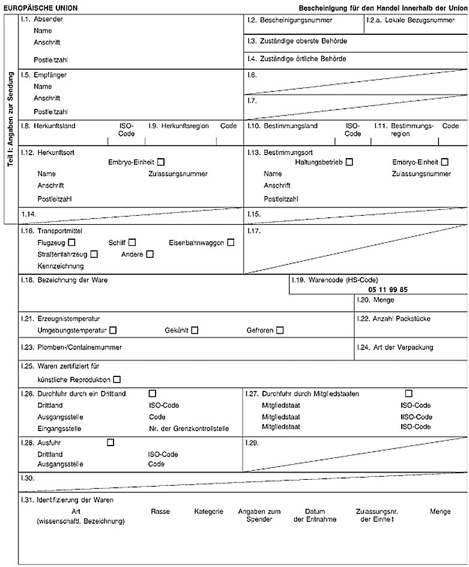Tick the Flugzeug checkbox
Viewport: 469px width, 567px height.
(71, 242)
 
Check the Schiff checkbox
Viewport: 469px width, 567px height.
(132, 242)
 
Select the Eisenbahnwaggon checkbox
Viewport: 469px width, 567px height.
(231, 242)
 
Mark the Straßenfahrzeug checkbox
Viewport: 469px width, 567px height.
(94, 254)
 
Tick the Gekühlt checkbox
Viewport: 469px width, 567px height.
(194, 330)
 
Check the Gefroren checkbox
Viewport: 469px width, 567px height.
(280, 330)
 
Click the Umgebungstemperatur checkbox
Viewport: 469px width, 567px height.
(113, 330)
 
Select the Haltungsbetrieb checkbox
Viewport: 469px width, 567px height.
(349, 162)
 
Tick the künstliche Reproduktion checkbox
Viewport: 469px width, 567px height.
(116, 379)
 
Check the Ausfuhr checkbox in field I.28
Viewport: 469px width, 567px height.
(110, 443)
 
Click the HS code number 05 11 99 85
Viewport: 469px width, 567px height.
(388, 289)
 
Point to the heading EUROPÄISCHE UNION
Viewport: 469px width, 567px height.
(40, 7)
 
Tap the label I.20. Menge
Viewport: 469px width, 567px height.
(375, 299)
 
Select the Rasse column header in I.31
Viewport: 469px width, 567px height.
(160, 512)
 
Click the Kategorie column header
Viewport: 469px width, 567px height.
(208, 512)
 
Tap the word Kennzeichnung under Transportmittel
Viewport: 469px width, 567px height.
(61, 266)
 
